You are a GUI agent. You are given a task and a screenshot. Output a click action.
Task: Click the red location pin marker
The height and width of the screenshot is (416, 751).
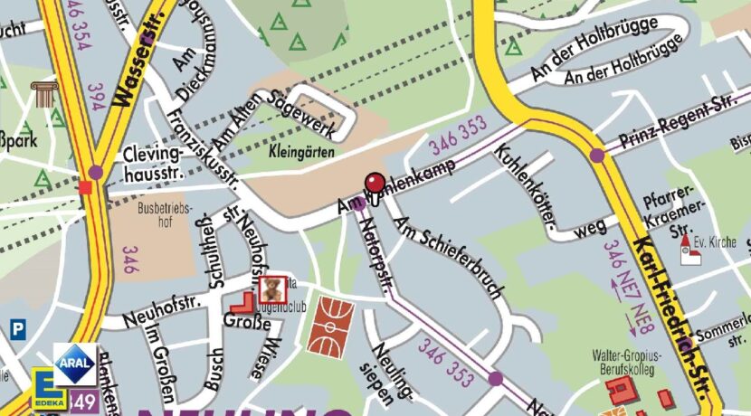point(374,184)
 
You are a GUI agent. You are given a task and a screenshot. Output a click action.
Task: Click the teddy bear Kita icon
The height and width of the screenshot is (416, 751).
point(272,290)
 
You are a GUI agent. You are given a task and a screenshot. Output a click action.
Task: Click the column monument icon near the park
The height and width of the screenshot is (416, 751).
point(43,93)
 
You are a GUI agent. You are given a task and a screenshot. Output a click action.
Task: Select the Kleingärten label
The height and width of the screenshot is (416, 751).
point(296,155)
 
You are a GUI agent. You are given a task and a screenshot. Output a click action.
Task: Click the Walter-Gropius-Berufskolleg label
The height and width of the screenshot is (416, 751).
point(625,363)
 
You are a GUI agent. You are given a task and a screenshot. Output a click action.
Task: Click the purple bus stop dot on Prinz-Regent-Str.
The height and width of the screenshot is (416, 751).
point(596,156)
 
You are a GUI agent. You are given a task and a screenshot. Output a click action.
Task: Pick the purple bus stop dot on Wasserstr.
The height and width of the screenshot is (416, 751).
point(96,172)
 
